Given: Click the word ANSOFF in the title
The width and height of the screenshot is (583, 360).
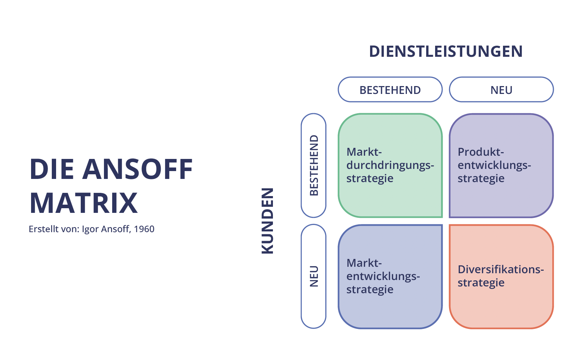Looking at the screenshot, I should click(138, 169).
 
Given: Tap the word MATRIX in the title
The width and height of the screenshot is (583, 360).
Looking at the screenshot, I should click(84, 203).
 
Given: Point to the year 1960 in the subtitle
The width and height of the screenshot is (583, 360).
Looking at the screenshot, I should click(144, 229).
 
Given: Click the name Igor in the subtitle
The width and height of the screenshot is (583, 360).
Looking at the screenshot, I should click(90, 229).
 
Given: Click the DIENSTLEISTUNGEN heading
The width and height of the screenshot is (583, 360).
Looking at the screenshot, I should click(445, 51).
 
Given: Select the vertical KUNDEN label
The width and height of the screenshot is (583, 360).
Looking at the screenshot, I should click(268, 221).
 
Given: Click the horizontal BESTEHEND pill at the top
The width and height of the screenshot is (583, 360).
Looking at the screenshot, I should click(390, 90).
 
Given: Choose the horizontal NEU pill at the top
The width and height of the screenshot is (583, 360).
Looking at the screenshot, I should click(501, 90).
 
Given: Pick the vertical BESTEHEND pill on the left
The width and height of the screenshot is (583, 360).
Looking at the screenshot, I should click(314, 165).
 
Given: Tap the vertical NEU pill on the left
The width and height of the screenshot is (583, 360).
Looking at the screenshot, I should click(314, 276).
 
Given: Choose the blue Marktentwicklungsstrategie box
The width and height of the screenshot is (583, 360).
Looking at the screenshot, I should click(390, 307).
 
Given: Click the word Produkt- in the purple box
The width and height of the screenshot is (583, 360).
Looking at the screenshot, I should click(480, 152).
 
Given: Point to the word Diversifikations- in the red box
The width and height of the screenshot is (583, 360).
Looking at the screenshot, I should click(500, 270).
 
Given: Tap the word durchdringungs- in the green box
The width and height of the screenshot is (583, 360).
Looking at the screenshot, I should click(390, 165).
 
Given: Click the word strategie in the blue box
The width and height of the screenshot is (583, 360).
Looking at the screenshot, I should click(370, 290).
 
